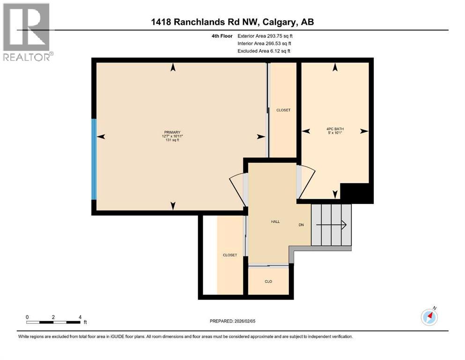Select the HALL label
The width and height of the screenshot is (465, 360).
(x=275, y=222)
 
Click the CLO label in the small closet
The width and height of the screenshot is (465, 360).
(x=268, y=281)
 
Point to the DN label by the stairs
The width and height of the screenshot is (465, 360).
(x=302, y=225)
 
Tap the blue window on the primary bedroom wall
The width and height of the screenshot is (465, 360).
(x=94, y=158)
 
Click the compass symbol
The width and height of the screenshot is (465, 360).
(x=429, y=317)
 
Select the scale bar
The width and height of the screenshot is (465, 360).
(x=53, y=322)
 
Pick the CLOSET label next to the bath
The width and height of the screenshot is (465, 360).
(x=283, y=110)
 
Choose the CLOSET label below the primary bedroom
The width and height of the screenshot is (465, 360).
(x=229, y=255)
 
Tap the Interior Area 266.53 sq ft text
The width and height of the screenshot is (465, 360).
(x=266, y=43)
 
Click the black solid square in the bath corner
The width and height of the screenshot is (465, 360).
(x=356, y=193)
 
